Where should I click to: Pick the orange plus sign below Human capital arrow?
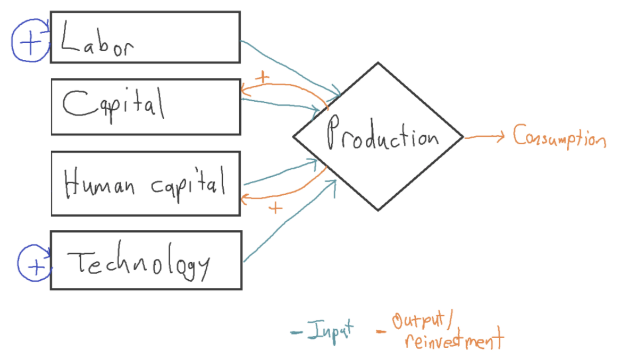point(275,208)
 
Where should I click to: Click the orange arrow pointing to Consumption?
point(485,138)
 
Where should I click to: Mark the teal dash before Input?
point(296,332)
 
